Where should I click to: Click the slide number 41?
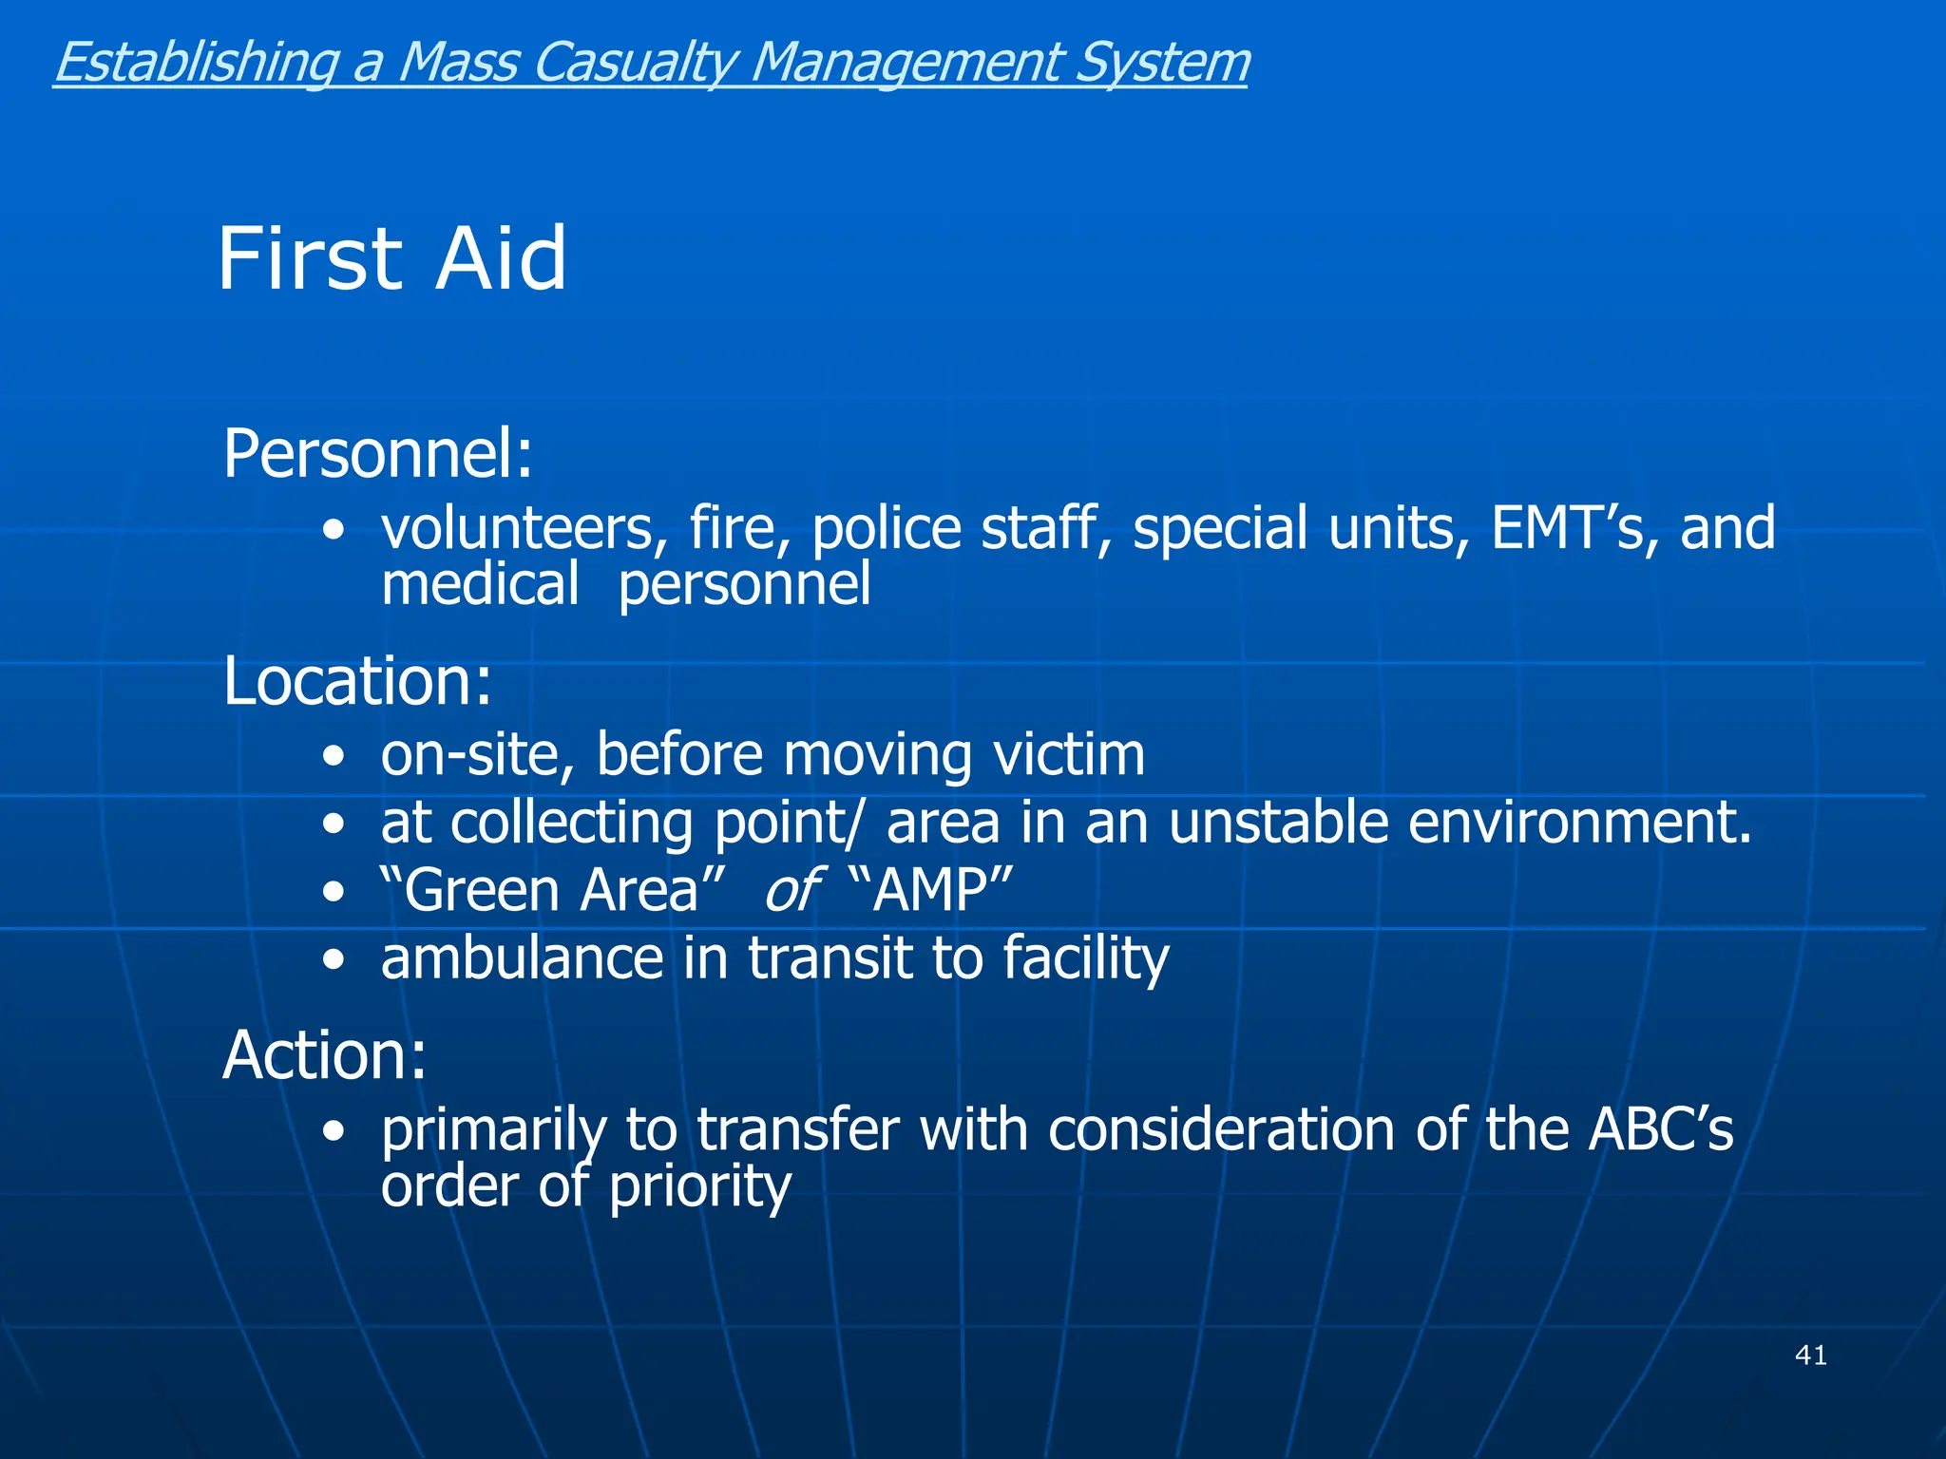click(1810, 1355)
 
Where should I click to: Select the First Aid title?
click(391, 258)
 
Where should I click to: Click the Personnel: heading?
click(377, 454)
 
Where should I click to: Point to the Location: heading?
click(357, 681)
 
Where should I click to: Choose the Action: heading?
click(324, 1055)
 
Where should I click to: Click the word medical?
click(480, 583)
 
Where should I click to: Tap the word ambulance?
click(522, 958)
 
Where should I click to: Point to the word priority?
click(699, 1187)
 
